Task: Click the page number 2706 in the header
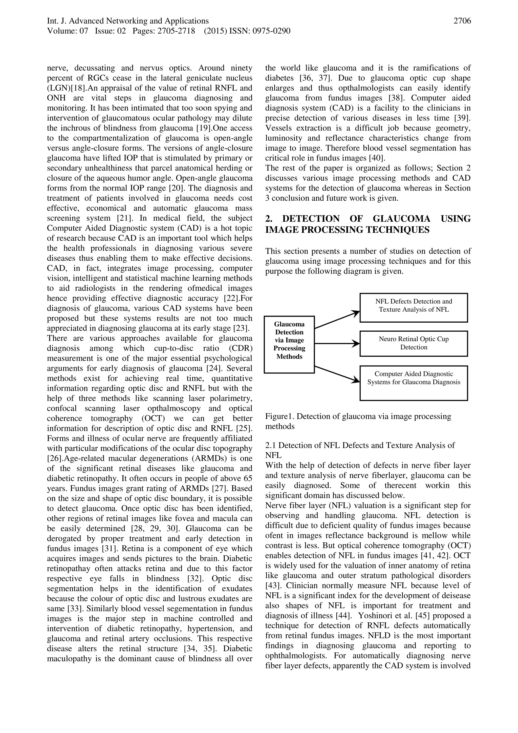462,21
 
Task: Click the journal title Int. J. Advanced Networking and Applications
128,21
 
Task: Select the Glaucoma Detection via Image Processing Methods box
289,344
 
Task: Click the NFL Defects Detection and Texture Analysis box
414,308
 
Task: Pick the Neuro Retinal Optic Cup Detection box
414,344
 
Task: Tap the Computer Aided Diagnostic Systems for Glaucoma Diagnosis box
414,383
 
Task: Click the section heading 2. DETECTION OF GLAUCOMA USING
368,219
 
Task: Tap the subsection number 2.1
271,445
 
